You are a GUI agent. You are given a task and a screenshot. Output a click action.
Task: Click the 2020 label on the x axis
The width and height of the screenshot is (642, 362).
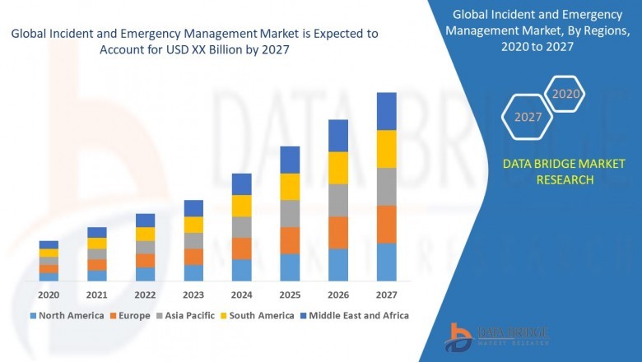pyautogui.click(x=49, y=295)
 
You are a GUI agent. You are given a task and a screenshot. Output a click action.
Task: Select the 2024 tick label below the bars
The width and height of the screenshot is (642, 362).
pyautogui.click(x=241, y=295)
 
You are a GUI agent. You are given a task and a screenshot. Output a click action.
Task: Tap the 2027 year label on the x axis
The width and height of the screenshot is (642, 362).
pyautogui.click(x=386, y=295)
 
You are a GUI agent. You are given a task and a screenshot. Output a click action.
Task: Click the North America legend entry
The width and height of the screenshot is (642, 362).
pyautogui.click(x=67, y=315)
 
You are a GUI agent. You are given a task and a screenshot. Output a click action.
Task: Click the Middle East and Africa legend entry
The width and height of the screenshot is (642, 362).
pyautogui.click(x=356, y=315)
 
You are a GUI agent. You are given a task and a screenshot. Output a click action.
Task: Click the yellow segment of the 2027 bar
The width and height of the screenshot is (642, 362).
pyautogui.click(x=386, y=149)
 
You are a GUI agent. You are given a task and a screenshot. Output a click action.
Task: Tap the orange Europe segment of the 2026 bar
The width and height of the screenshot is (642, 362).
pyautogui.click(x=338, y=232)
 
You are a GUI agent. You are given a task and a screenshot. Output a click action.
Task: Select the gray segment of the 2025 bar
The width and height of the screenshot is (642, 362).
pyautogui.click(x=290, y=213)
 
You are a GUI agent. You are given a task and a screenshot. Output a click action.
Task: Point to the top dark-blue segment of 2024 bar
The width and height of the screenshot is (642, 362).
pyautogui.click(x=241, y=183)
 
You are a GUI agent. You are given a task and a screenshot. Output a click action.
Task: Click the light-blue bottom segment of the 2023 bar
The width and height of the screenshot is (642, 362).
pyautogui.click(x=193, y=273)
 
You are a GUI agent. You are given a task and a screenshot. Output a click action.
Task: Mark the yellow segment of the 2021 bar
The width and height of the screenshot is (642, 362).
pyautogui.click(x=97, y=243)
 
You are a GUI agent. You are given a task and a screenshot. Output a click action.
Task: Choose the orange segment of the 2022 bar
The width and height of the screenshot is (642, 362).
pyautogui.click(x=145, y=260)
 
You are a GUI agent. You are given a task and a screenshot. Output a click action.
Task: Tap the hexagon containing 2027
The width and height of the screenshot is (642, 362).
pyautogui.click(x=528, y=117)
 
